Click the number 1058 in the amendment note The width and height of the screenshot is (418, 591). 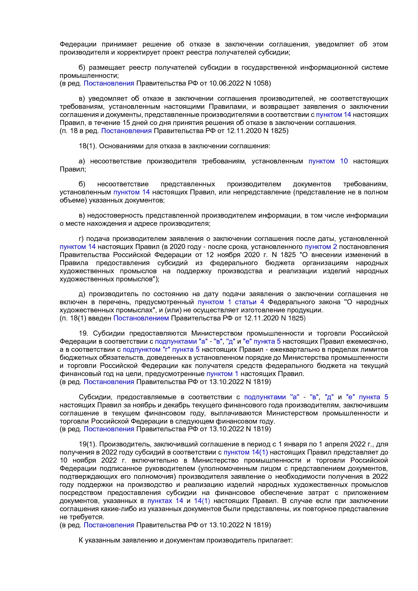tap(261, 83)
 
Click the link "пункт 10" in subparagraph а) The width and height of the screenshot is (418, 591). tap(328, 161)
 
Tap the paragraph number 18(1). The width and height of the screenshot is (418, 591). tap(88, 146)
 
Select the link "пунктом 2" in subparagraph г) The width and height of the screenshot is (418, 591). tap(321, 247)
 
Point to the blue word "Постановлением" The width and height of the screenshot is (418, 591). tap(141, 318)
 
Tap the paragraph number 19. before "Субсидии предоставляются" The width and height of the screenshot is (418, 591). tap(83, 333)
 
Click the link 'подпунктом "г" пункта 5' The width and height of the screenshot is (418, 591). tap(161, 349)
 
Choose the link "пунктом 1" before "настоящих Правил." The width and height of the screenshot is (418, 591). tap(222, 374)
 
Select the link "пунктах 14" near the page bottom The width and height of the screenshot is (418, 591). tap(165, 501)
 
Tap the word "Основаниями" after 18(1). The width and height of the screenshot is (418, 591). tap(119, 146)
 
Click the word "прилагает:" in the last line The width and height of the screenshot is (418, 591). tap(275, 540)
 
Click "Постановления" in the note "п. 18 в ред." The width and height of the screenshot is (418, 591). tap(126, 131)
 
